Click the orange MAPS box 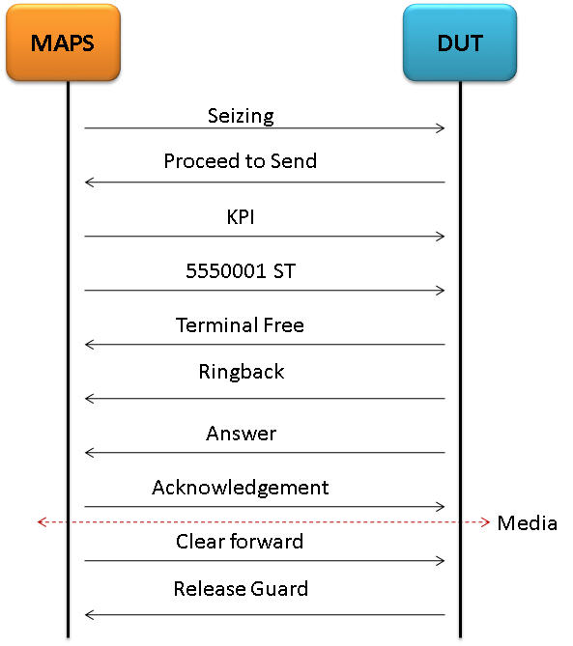pyautogui.click(x=63, y=42)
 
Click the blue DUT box pyautogui.click(x=460, y=42)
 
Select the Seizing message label pyautogui.click(x=241, y=116)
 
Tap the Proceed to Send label pyautogui.click(x=241, y=160)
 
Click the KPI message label pyautogui.click(x=241, y=216)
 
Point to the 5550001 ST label pyautogui.click(x=241, y=270)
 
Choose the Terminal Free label pyautogui.click(x=240, y=325)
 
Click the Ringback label pyautogui.click(x=242, y=372)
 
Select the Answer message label pyautogui.click(x=242, y=434)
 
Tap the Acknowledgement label pyautogui.click(x=241, y=488)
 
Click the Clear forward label pyautogui.click(x=240, y=542)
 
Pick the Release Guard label pyautogui.click(x=241, y=588)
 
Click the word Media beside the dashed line pyautogui.click(x=528, y=523)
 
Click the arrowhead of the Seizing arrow pyautogui.click(x=442, y=128)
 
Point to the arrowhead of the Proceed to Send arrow pyautogui.click(x=87, y=183)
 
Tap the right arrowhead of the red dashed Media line pyautogui.click(x=487, y=522)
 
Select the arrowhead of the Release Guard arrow pyautogui.click(x=87, y=615)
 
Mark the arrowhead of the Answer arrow pyautogui.click(x=87, y=453)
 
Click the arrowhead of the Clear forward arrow pyautogui.click(x=442, y=561)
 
